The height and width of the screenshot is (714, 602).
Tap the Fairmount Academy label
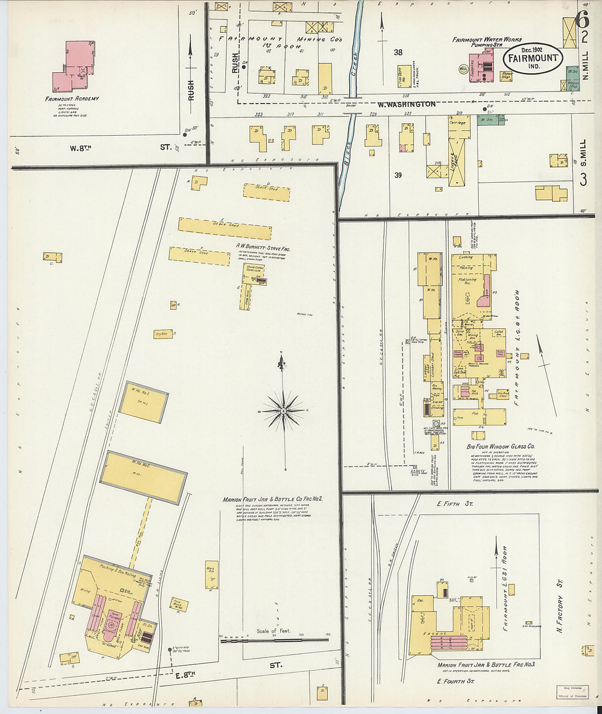click(x=72, y=99)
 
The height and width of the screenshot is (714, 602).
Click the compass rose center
click(x=284, y=410)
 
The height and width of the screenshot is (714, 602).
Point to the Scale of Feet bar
click(x=274, y=640)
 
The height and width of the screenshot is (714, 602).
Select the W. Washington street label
click(x=406, y=104)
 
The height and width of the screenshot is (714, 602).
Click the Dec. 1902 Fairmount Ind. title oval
click(x=532, y=57)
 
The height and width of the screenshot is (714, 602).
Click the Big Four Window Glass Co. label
click(x=500, y=446)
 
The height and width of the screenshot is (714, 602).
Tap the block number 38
click(x=398, y=53)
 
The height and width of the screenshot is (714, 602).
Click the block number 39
click(x=398, y=175)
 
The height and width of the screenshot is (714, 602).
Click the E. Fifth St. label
click(x=454, y=503)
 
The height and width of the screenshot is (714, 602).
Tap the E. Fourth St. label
click(x=455, y=681)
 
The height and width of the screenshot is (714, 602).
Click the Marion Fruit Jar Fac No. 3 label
click(x=486, y=665)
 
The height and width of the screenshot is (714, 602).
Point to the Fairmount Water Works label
click(x=487, y=40)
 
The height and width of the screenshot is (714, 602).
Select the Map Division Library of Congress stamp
click(x=573, y=692)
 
